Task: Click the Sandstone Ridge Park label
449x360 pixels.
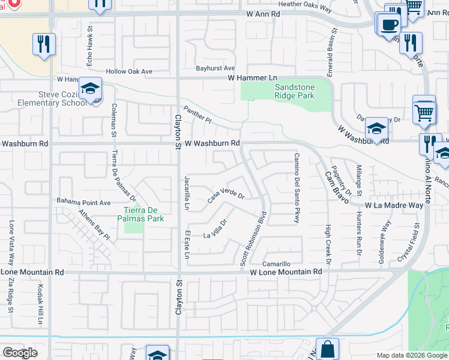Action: coord(294,91)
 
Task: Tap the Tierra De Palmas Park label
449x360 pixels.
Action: coord(144,214)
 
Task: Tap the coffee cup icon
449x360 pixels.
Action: coord(388,24)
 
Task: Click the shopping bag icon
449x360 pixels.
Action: coord(327,349)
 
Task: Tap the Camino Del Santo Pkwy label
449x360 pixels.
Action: coord(297,188)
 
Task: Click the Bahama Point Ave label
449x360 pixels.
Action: coord(83,202)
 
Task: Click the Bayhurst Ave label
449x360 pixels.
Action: coord(214,68)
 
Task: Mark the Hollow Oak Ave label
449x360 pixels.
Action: coord(129,71)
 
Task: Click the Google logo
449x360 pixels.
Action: coord(19,353)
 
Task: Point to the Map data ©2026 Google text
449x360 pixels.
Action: coord(411,355)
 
